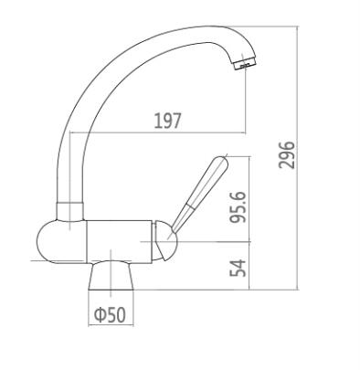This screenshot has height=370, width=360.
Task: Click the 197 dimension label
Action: (168, 121)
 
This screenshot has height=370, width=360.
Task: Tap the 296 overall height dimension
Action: (287, 154)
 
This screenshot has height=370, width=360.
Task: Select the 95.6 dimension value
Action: (238, 207)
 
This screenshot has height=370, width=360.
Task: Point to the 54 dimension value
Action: (238, 268)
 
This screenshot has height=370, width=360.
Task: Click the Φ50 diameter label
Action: (110, 315)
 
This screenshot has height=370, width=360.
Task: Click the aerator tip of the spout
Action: (246, 65)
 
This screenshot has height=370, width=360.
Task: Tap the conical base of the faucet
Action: (111, 276)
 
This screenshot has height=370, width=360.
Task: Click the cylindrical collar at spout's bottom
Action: (70, 211)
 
